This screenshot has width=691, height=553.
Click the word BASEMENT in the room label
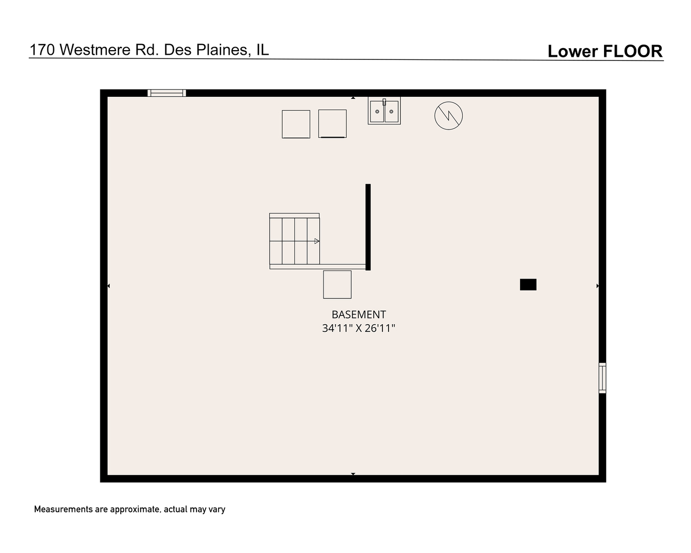[358, 314]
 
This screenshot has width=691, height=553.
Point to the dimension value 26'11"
[380, 328]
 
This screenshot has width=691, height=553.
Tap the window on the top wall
[166, 93]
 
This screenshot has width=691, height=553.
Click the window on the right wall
[602, 378]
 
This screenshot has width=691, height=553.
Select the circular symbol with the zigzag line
[448, 115]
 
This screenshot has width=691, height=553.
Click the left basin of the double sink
[377, 112]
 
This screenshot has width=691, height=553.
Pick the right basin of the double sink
[392, 112]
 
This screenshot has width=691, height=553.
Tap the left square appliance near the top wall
[296, 124]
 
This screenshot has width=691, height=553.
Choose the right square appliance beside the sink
[332, 123]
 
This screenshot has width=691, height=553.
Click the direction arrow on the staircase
[317, 241]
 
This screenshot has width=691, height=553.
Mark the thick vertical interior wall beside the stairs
[368, 226]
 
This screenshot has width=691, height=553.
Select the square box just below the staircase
[337, 284]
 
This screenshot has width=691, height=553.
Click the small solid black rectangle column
[528, 285]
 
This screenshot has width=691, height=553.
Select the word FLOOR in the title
[632, 51]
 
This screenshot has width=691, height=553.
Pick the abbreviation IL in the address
[262, 50]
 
